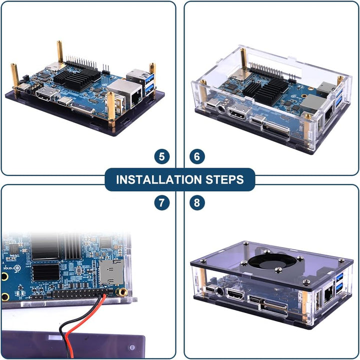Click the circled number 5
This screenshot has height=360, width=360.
tap(161, 157)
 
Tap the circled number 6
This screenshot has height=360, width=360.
tap(197, 157)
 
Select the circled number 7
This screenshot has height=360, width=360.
tap(161, 203)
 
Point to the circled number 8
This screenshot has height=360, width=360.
tap(197, 203)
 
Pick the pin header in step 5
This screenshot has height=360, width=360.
tap(83, 64)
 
